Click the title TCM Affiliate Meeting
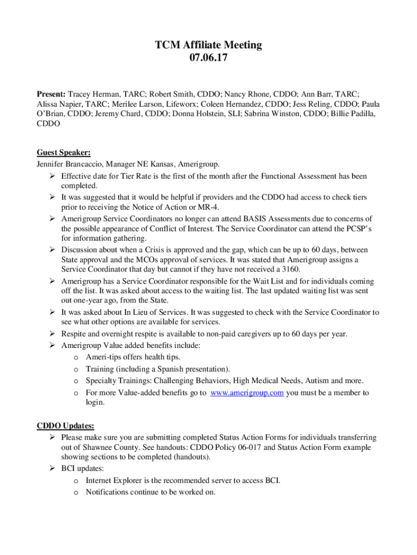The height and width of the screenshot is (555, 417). coord(208,45)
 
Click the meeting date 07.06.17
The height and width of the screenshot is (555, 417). coord(208,58)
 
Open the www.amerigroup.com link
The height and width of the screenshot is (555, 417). coord(247,392)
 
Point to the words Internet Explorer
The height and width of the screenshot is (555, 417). coord(112,480)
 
